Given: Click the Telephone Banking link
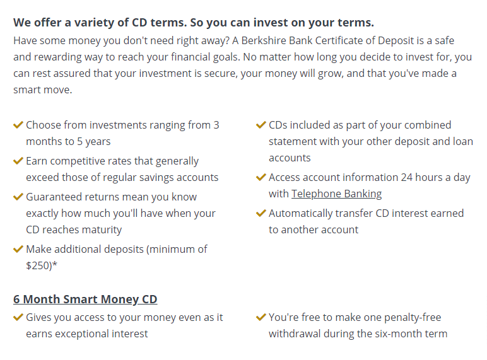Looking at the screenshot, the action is click(336, 194).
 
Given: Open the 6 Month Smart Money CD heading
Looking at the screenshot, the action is click(85, 299).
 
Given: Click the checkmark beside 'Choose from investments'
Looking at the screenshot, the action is click(18, 125).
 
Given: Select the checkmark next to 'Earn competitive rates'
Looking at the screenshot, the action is click(18, 161).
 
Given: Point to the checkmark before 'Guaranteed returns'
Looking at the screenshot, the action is click(18, 197).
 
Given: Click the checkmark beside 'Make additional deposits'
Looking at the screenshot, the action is click(18, 249).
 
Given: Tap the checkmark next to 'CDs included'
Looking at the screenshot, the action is click(261, 125).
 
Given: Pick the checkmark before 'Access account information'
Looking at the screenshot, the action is click(261, 177).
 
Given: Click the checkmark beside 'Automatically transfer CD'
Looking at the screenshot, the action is click(261, 213).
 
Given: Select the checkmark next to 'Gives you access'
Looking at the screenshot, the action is click(18, 317).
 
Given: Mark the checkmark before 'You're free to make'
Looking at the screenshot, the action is click(261, 317).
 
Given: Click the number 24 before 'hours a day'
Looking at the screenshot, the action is click(406, 178).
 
